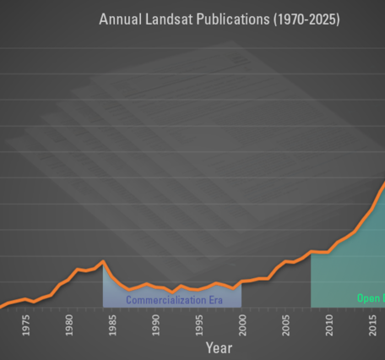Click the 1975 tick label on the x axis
(26, 325)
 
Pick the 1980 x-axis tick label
(69, 325)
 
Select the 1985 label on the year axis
(113, 325)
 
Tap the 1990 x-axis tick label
(156, 325)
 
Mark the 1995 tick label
(200, 325)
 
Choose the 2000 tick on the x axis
(243, 325)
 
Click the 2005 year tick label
(286, 325)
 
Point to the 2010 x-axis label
(330, 325)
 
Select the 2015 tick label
(373, 325)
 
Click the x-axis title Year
(218, 347)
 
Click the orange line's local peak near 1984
(103, 262)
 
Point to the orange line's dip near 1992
(173, 292)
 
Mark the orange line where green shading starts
(312, 252)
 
